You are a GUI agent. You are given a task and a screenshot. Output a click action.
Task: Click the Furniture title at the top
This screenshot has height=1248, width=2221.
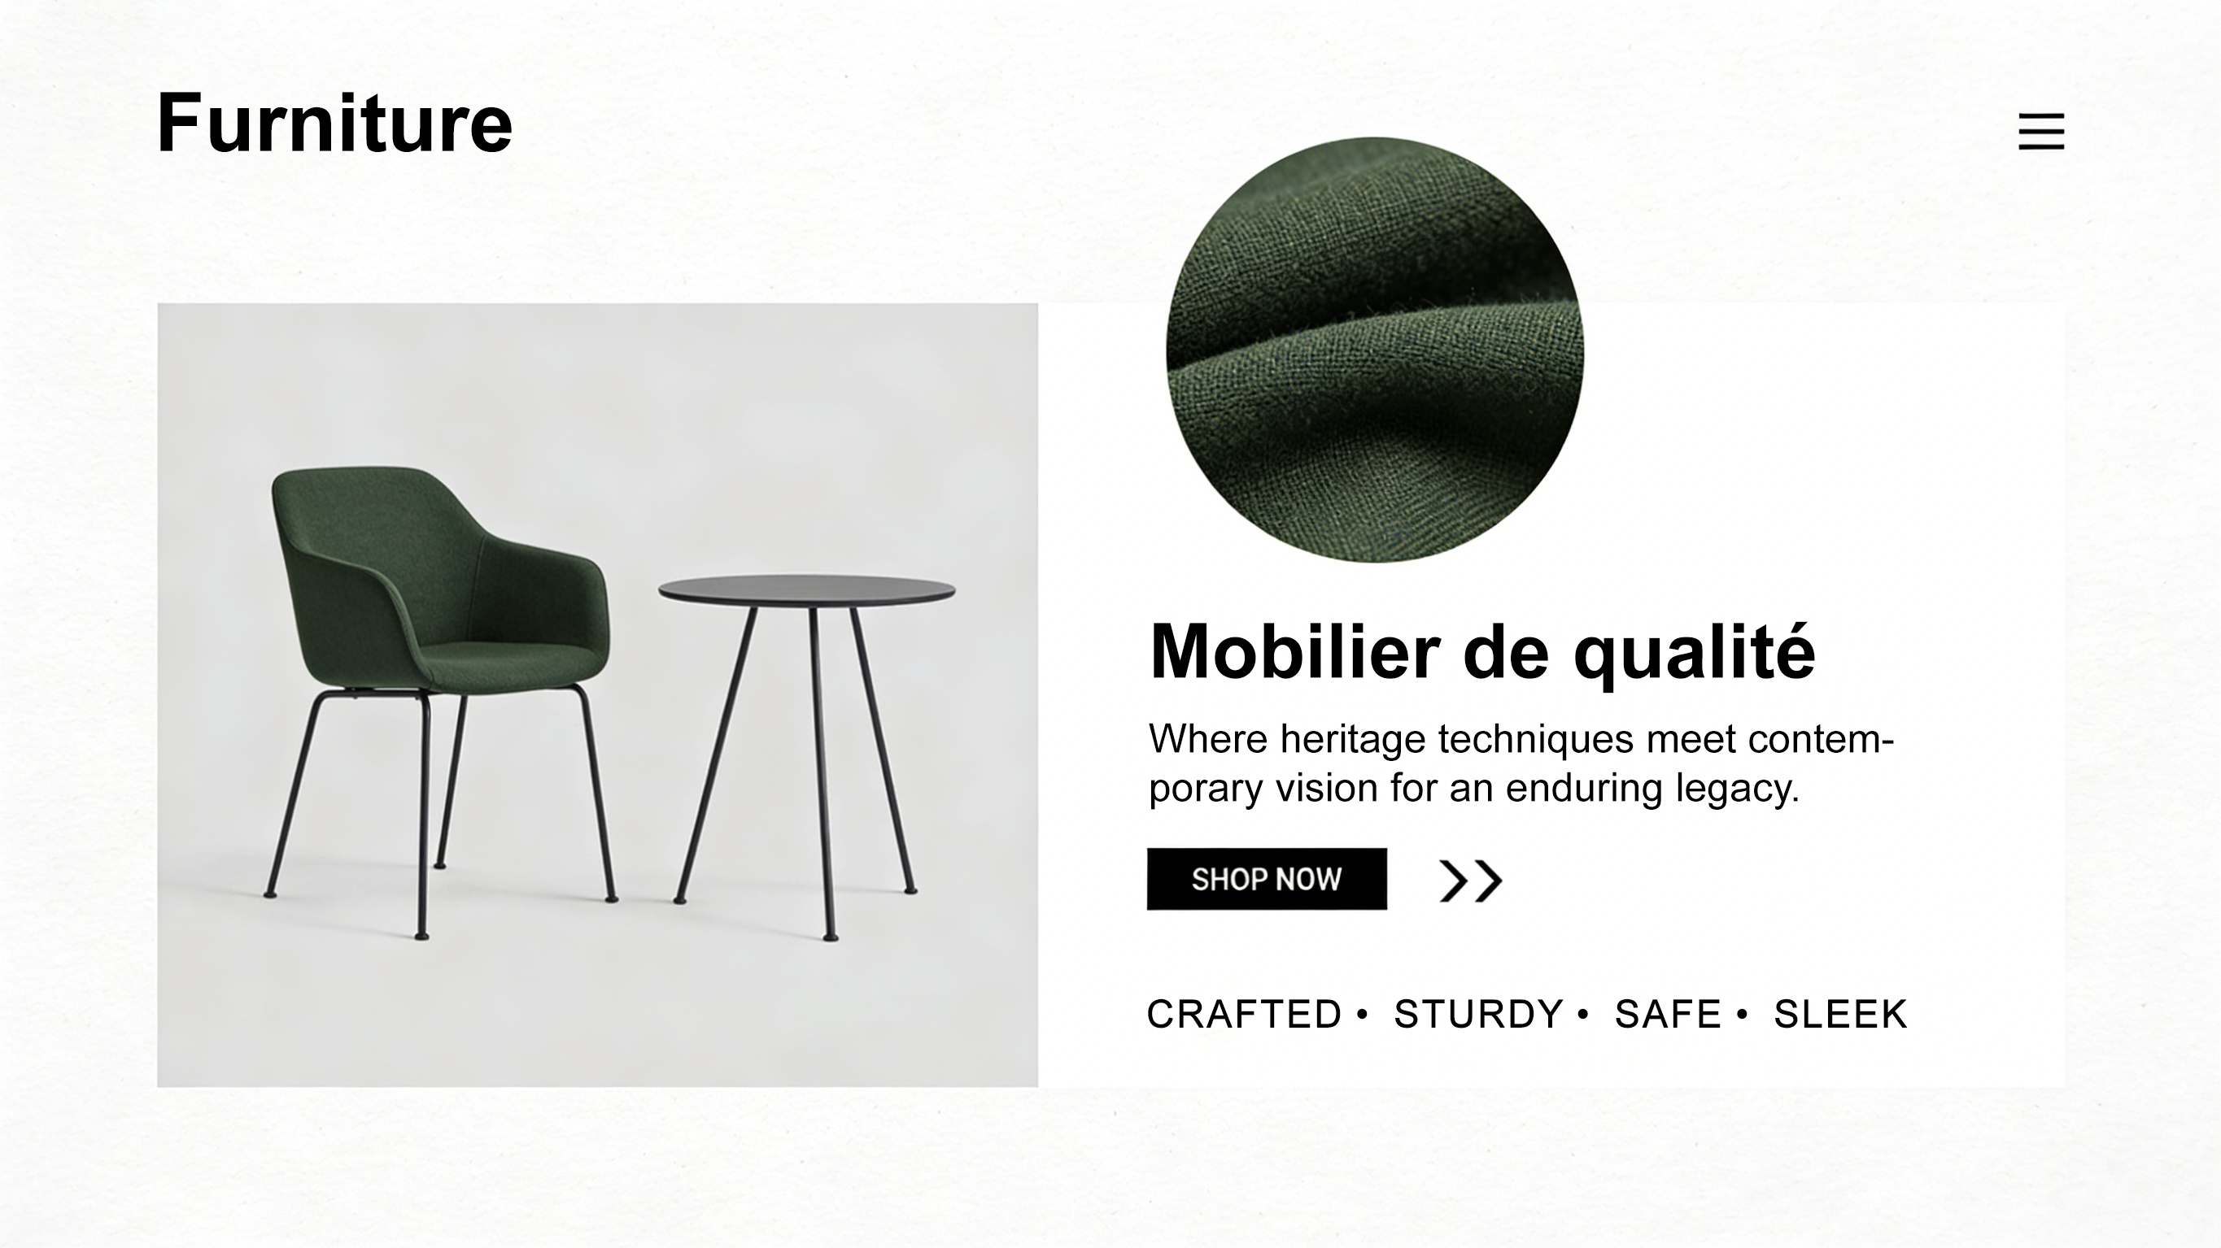[334, 123]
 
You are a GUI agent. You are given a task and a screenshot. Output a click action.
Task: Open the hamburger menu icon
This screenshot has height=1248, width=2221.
[2041, 131]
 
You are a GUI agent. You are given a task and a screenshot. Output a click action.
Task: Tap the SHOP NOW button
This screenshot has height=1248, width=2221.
[1267, 879]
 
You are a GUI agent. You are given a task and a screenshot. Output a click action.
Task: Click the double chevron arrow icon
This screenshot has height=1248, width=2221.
[1471, 881]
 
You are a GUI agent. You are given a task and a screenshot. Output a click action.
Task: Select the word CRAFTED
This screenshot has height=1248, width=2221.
[1244, 1015]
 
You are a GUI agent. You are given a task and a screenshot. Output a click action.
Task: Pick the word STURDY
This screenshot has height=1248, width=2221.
[1477, 1015]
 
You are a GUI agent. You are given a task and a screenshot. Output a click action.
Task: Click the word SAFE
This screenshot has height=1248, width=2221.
[1668, 1015]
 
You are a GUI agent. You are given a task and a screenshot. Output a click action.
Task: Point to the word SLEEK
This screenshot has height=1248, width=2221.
[1840, 1015]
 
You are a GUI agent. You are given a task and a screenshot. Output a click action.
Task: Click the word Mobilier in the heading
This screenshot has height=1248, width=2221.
[1294, 650]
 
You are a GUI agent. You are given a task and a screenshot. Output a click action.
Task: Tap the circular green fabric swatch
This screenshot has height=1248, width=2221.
[1374, 350]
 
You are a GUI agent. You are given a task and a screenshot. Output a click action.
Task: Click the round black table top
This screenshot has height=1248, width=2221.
[806, 591]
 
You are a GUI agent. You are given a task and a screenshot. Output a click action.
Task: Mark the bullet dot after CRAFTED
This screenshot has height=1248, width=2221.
[1362, 1014]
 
